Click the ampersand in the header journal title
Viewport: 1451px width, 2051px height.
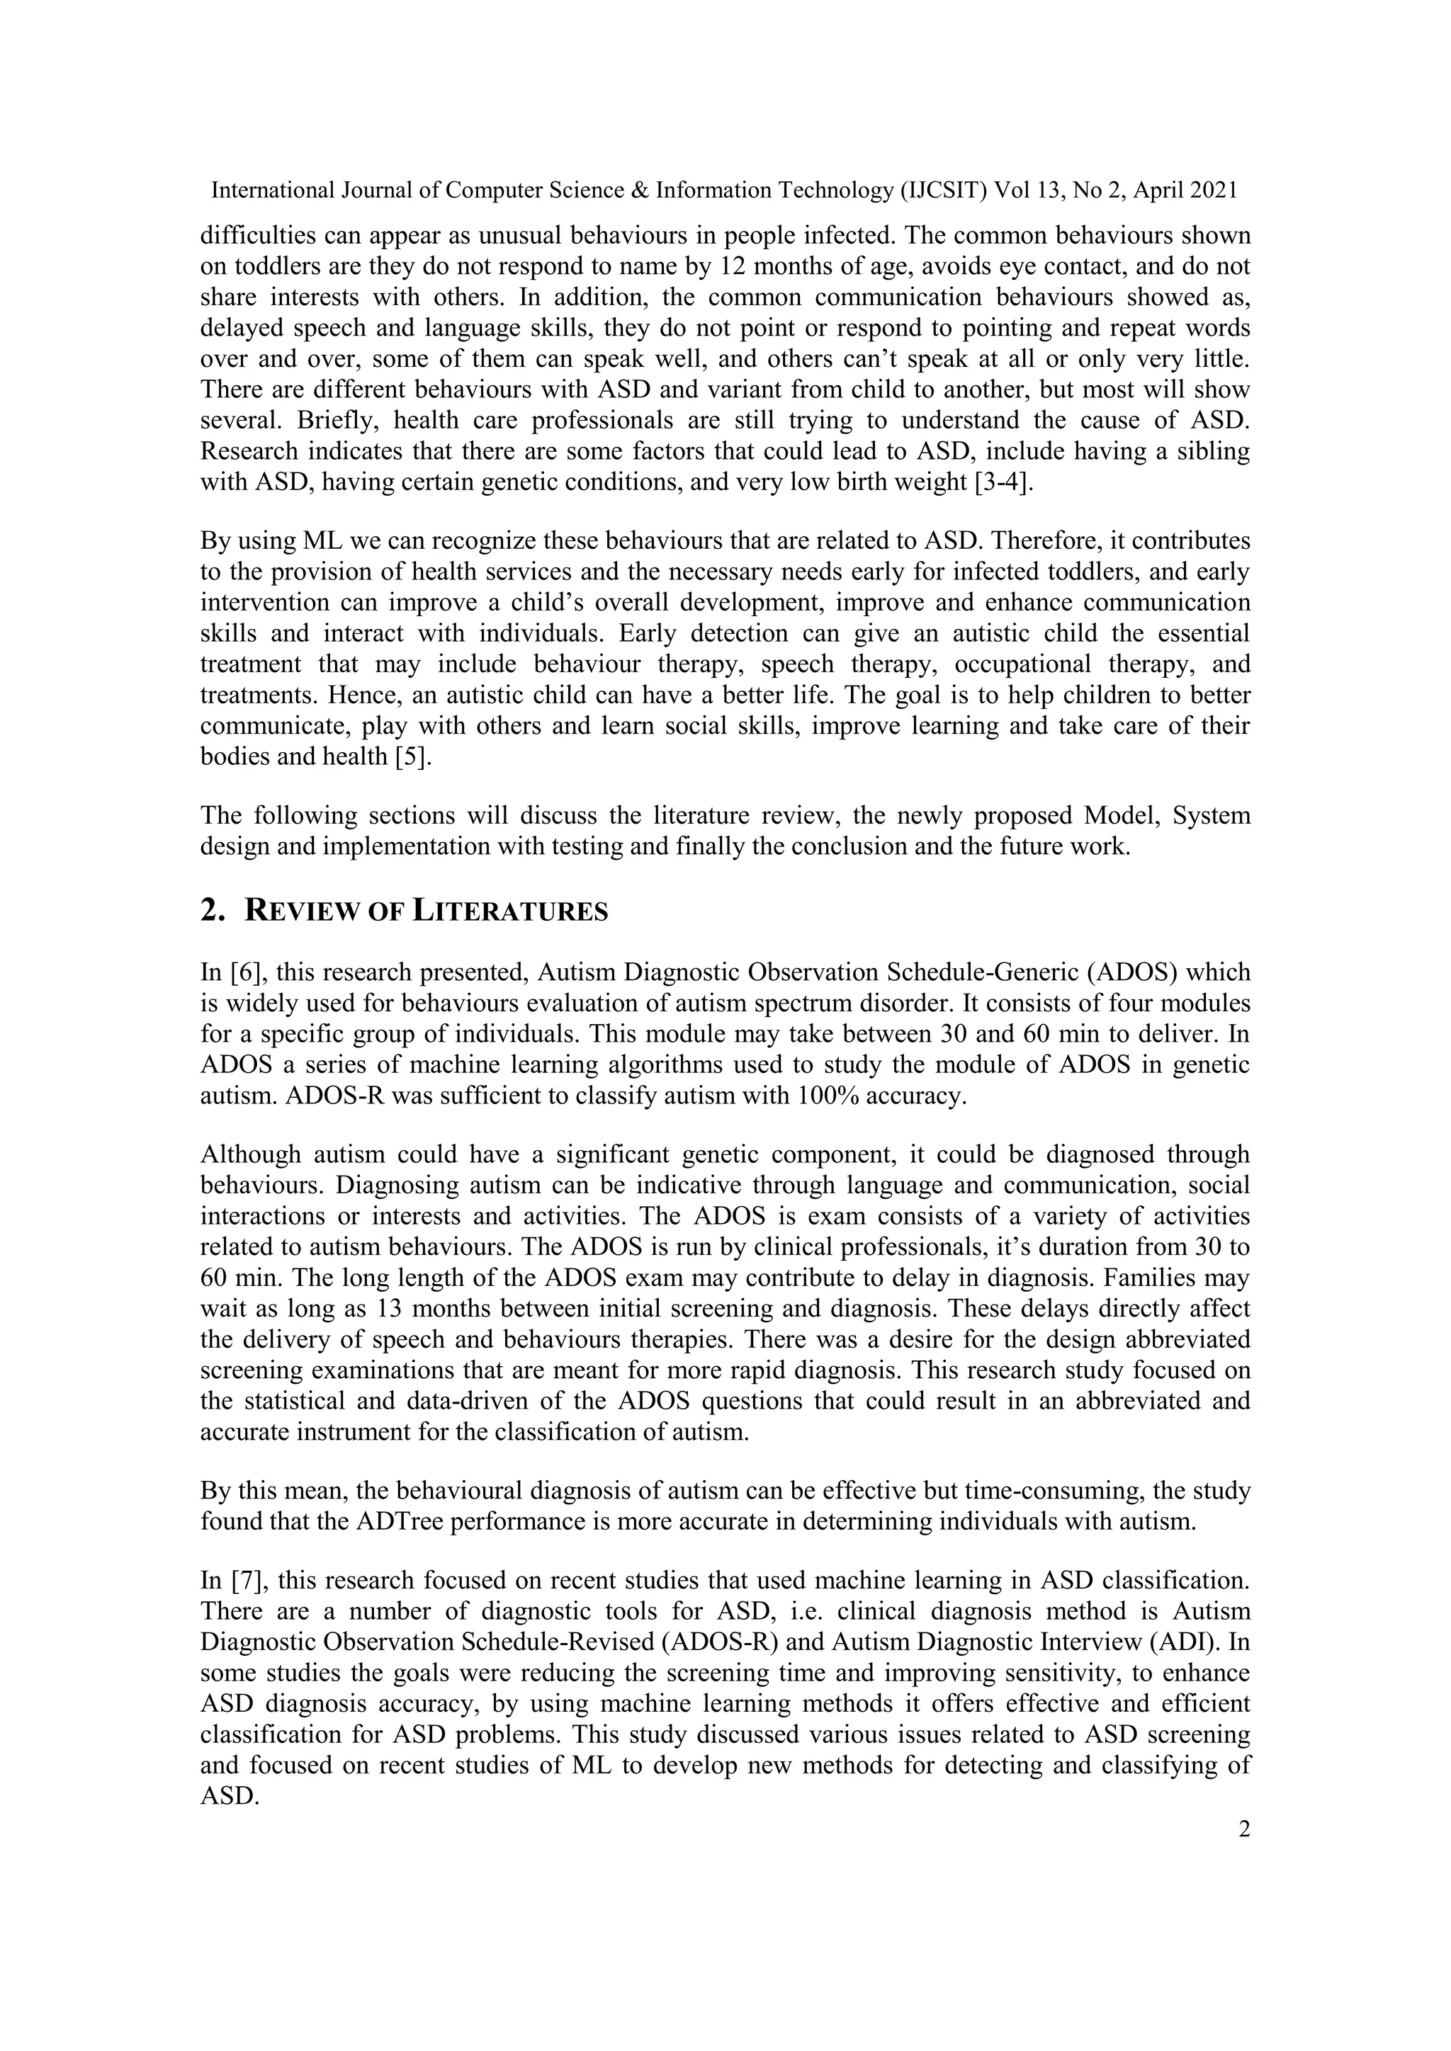point(638,191)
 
